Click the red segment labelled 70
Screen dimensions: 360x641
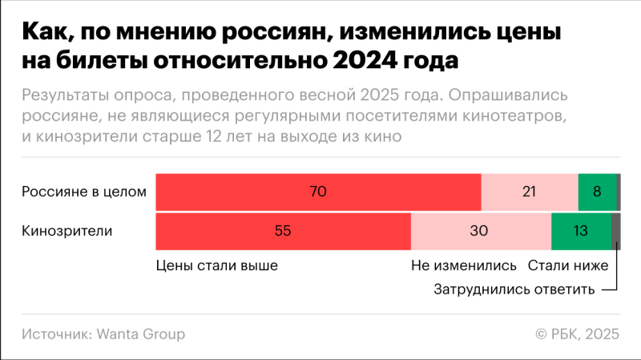point(318,192)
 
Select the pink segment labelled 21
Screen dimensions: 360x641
point(529,192)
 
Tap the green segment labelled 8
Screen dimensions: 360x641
point(597,192)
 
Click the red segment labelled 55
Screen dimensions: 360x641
point(282,232)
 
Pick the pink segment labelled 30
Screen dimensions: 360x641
point(481,232)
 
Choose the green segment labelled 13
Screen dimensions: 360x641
point(580,232)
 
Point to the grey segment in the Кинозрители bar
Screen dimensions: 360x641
point(615,232)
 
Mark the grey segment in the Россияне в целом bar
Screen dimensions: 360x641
point(619,192)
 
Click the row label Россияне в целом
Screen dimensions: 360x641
point(84,192)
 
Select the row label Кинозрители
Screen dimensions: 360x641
point(67,232)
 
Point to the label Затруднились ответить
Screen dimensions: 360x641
point(514,289)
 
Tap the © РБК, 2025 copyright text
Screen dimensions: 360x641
point(576,334)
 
